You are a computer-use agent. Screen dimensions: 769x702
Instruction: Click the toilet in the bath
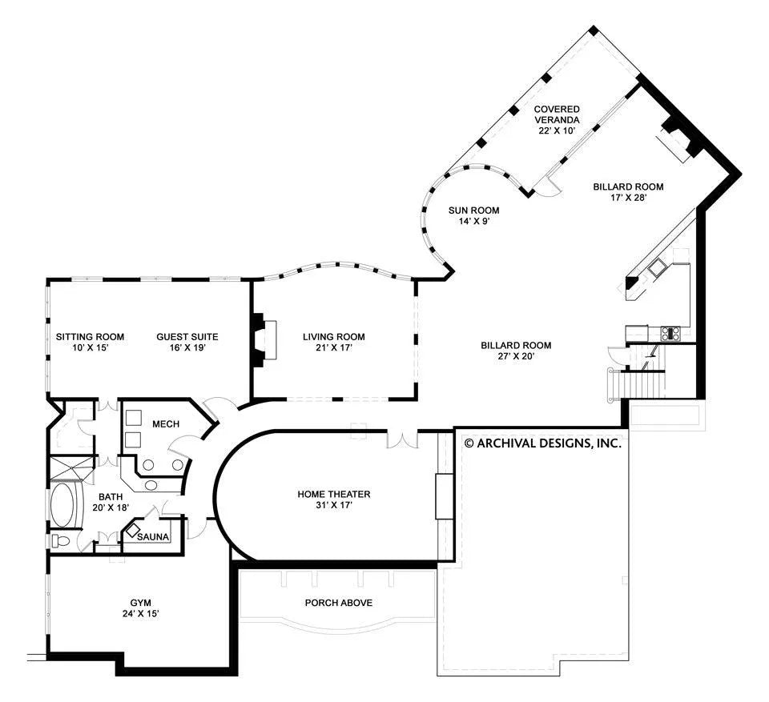(x=60, y=541)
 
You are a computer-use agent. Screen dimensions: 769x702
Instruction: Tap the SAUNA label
(x=153, y=537)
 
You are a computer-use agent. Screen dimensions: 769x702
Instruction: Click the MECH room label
(x=166, y=423)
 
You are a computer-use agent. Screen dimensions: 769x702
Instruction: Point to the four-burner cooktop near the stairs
(x=670, y=333)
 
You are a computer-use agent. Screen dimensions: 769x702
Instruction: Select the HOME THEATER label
(x=333, y=494)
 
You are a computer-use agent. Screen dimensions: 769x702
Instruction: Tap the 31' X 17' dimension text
(x=333, y=505)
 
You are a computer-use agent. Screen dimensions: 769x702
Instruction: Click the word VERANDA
(x=557, y=119)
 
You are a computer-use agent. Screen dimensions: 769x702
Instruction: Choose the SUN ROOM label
(x=473, y=211)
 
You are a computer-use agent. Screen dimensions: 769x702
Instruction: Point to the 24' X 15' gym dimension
(x=141, y=613)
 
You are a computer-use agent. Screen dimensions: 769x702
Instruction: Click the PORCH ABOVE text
(x=338, y=603)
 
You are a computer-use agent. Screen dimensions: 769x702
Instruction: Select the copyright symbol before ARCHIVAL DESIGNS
(x=469, y=443)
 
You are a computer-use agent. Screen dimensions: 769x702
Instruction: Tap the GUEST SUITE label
(x=187, y=337)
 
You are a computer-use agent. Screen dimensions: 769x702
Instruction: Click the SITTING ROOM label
(x=90, y=337)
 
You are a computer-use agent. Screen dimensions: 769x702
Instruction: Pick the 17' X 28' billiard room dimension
(x=628, y=198)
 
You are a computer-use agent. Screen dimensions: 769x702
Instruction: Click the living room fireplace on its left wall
(x=264, y=339)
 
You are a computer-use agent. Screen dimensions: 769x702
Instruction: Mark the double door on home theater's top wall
(x=402, y=439)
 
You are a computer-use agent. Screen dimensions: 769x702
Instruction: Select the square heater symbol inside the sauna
(x=133, y=531)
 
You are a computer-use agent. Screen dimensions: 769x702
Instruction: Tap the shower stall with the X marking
(x=71, y=469)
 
